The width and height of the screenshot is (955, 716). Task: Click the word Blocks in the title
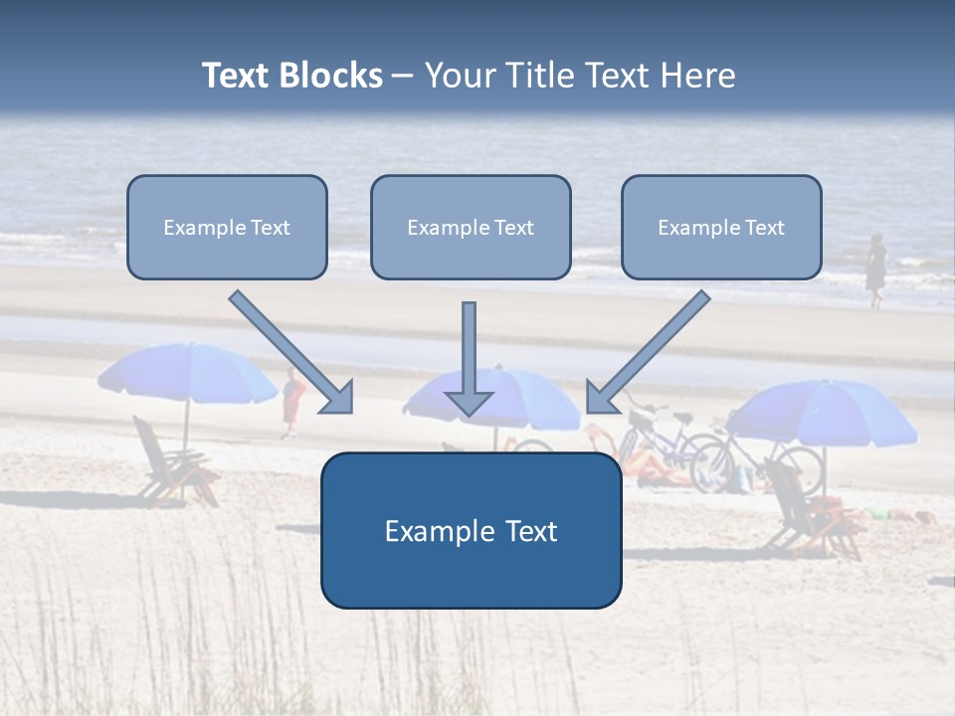point(333,76)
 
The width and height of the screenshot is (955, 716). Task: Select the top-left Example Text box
point(227,228)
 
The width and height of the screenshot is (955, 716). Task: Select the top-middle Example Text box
point(471,228)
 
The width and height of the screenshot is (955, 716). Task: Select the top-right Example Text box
point(721,228)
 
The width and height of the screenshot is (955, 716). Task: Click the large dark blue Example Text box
point(471,531)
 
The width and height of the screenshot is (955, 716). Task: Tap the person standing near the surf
point(875,269)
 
